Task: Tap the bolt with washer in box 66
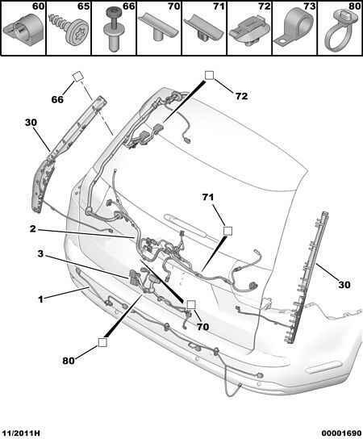[114, 28]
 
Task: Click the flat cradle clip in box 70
[159, 28]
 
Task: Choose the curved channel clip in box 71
[204, 29]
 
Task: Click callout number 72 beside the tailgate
[241, 96]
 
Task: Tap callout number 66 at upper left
[57, 99]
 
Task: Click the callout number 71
[208, 198]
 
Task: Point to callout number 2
[33, 229]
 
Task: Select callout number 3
[40, 254]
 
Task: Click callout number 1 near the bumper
[40, 299]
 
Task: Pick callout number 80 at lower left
[69, 361]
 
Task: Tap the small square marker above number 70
[191, 304]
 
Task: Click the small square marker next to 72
[209, 75]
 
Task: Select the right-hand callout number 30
[344, 285]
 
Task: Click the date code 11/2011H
[20, 433]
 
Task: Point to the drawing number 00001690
[341, 433]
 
